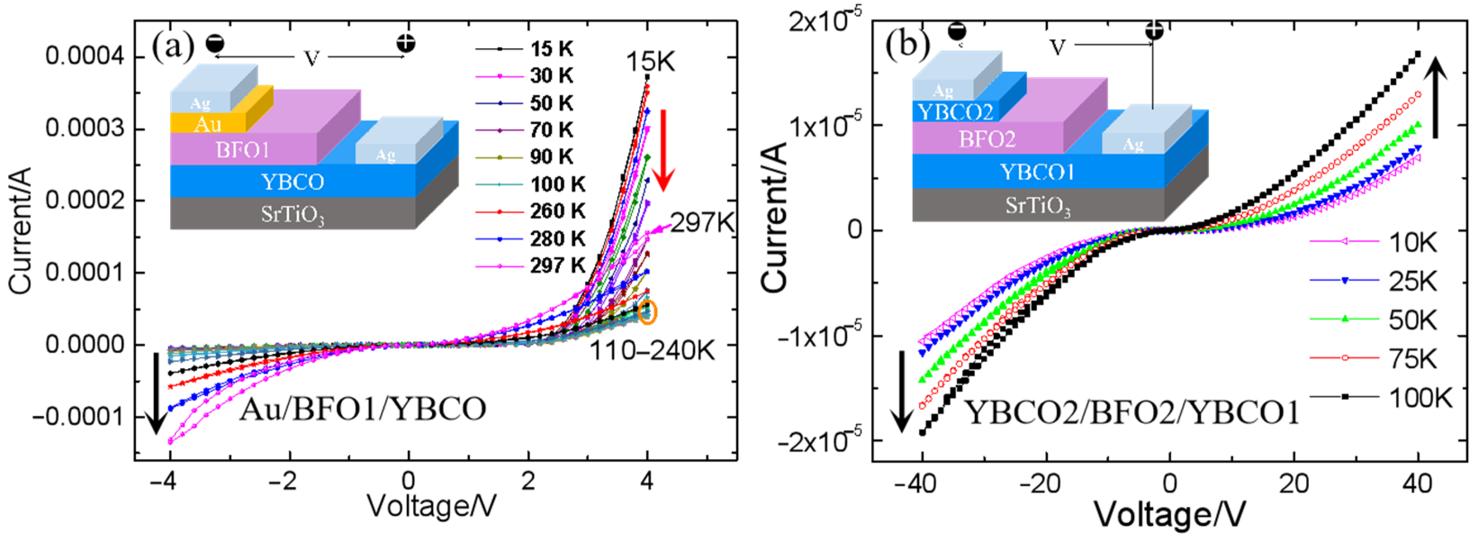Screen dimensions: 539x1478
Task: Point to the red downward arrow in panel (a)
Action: click(x=664, y=149)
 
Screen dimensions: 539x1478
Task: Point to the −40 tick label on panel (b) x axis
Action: click(x=916, y=484)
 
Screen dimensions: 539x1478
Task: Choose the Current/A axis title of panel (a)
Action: click(x=21, y=230)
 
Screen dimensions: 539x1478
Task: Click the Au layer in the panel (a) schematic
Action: click(x=207, y=123)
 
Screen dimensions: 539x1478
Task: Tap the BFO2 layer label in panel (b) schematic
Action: click(x=987, y=139)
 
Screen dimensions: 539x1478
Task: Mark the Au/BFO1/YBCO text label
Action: click(x=363, y=410)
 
